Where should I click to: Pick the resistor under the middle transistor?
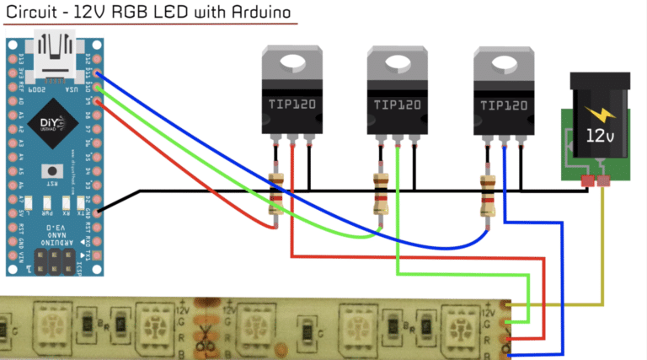(381, 193)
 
